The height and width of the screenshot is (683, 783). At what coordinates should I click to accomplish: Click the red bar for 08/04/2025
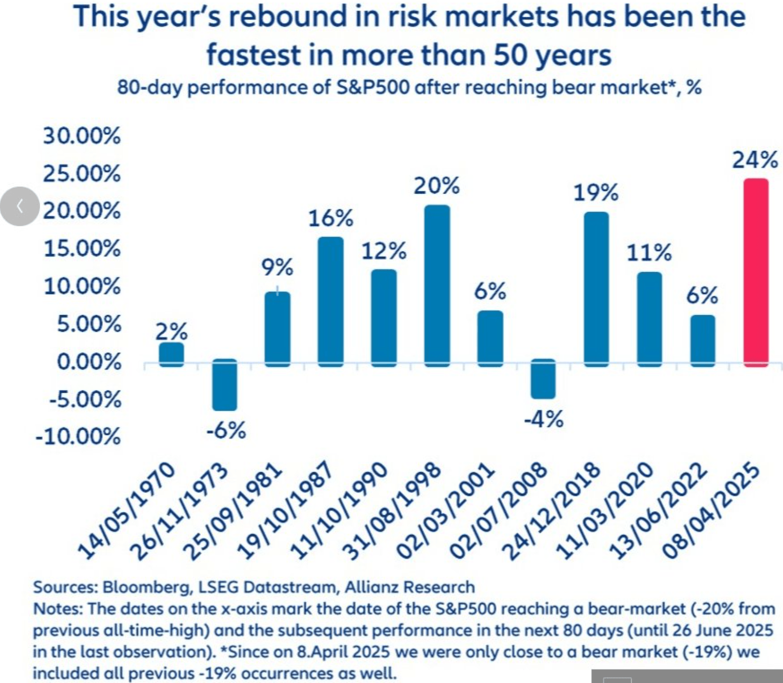click(x=756, y=273)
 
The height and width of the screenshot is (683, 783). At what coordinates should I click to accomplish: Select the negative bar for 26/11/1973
click(x=225, y=385)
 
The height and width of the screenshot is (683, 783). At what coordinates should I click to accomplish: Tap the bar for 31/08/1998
click(x=437, y=286)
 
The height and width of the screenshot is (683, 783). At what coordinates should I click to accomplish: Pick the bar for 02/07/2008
click(x=543, y=379)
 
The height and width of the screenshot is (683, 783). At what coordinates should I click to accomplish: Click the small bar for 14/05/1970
click(x=171, y=355)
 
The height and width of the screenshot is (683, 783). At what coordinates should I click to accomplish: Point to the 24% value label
click(x=755, y=160)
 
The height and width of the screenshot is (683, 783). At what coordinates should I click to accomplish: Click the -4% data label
click(x=543, y=420)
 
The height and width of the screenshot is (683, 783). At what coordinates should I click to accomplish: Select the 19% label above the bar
click(x=596, y=193)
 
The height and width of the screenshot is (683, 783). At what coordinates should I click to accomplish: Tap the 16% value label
click(x=331, y=218)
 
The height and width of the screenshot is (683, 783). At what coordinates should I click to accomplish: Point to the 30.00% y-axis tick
click(x=82, y=136)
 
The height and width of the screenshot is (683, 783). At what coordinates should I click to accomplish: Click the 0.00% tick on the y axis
click(x=89, y=362)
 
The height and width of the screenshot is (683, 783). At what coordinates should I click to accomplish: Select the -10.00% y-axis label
click(x=78, y=437)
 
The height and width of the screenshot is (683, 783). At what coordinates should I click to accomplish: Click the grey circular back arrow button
click(x=19, y=206)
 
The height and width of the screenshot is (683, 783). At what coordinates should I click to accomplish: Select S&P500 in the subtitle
click(x=373, y=88)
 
